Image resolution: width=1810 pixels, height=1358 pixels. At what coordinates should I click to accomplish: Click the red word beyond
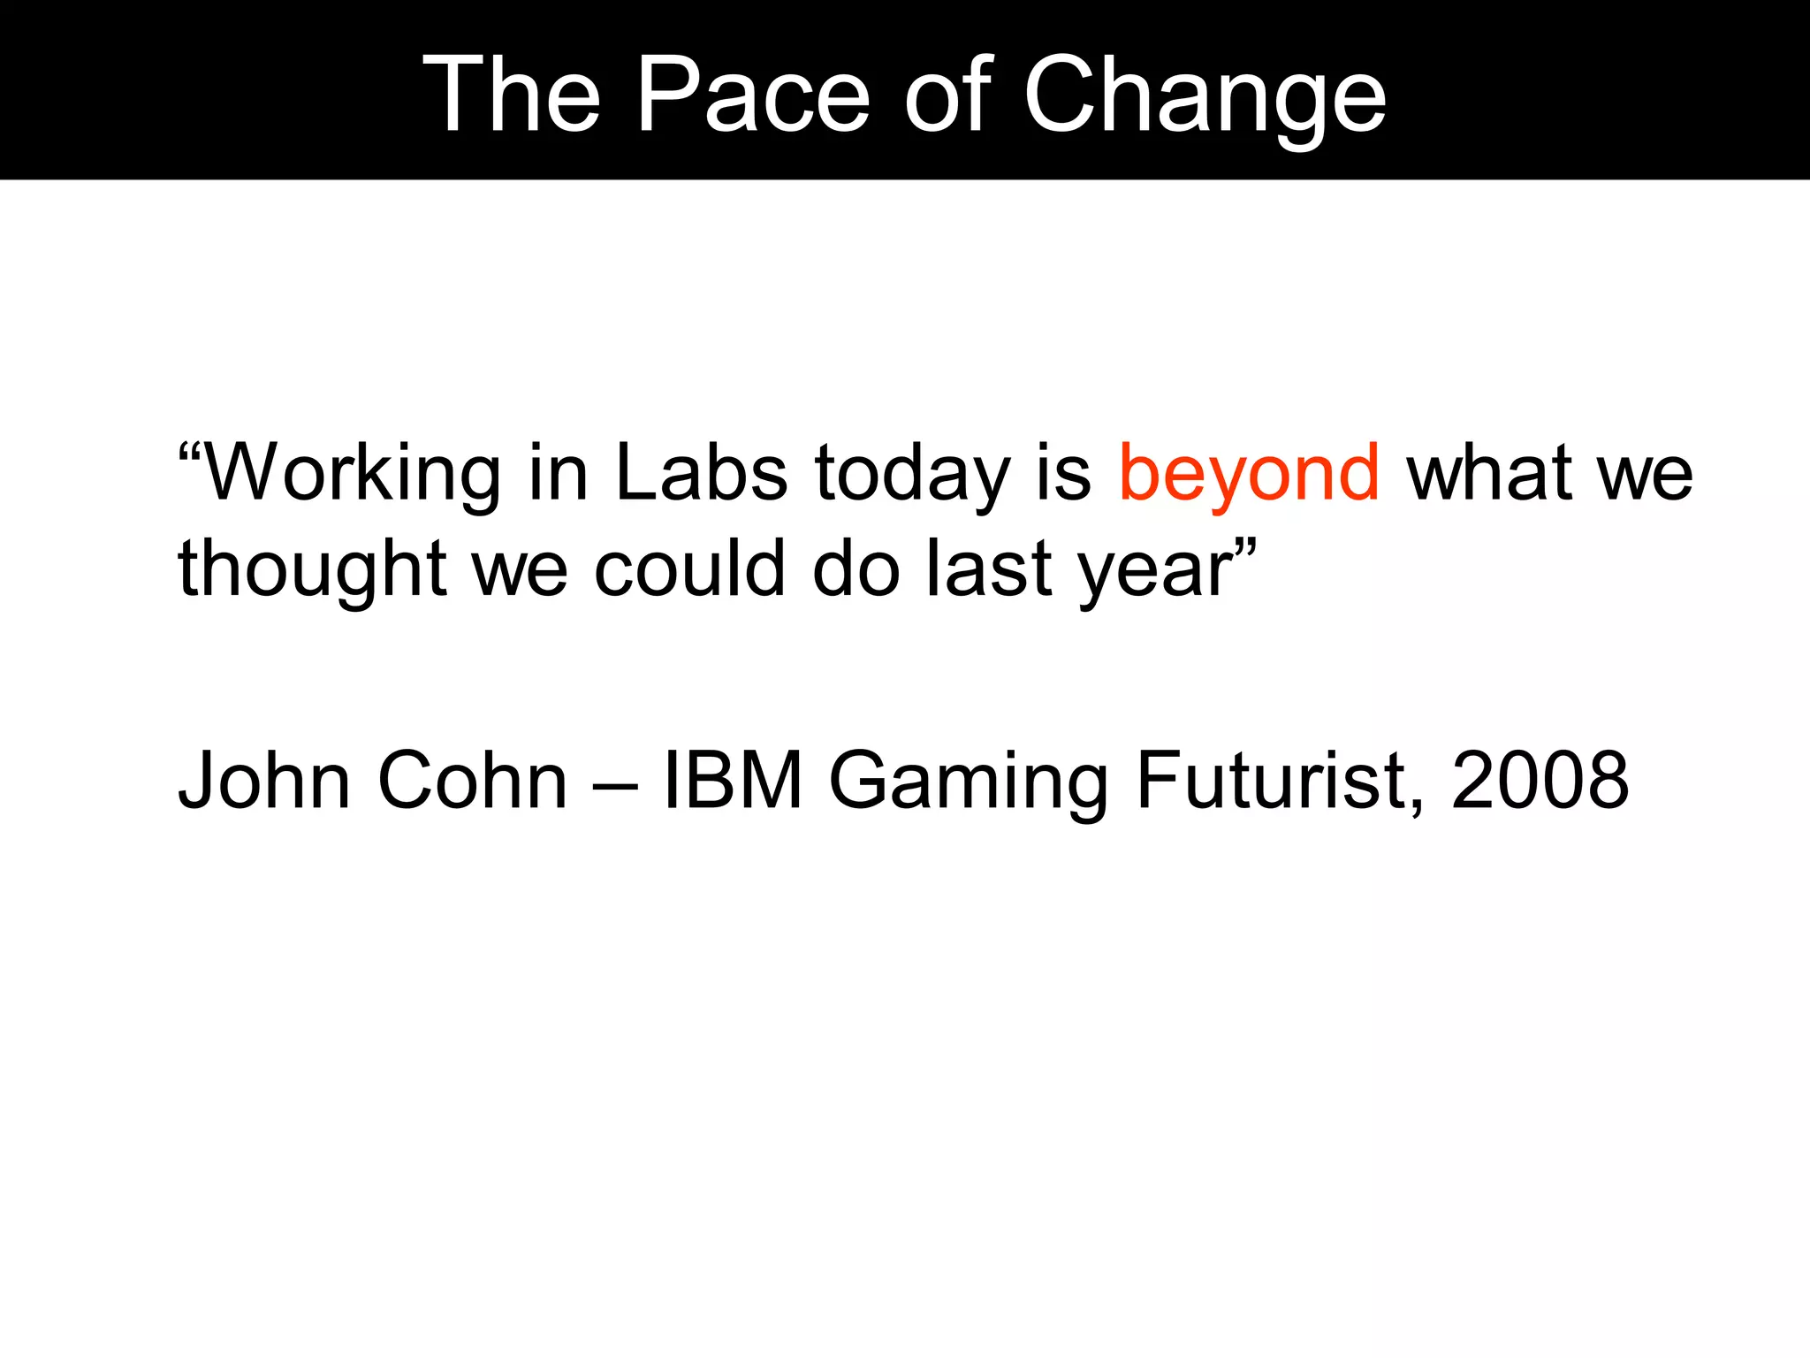[x=1249, y=473]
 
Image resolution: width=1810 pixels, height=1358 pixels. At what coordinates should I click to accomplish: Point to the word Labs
[x=701, y=473]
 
